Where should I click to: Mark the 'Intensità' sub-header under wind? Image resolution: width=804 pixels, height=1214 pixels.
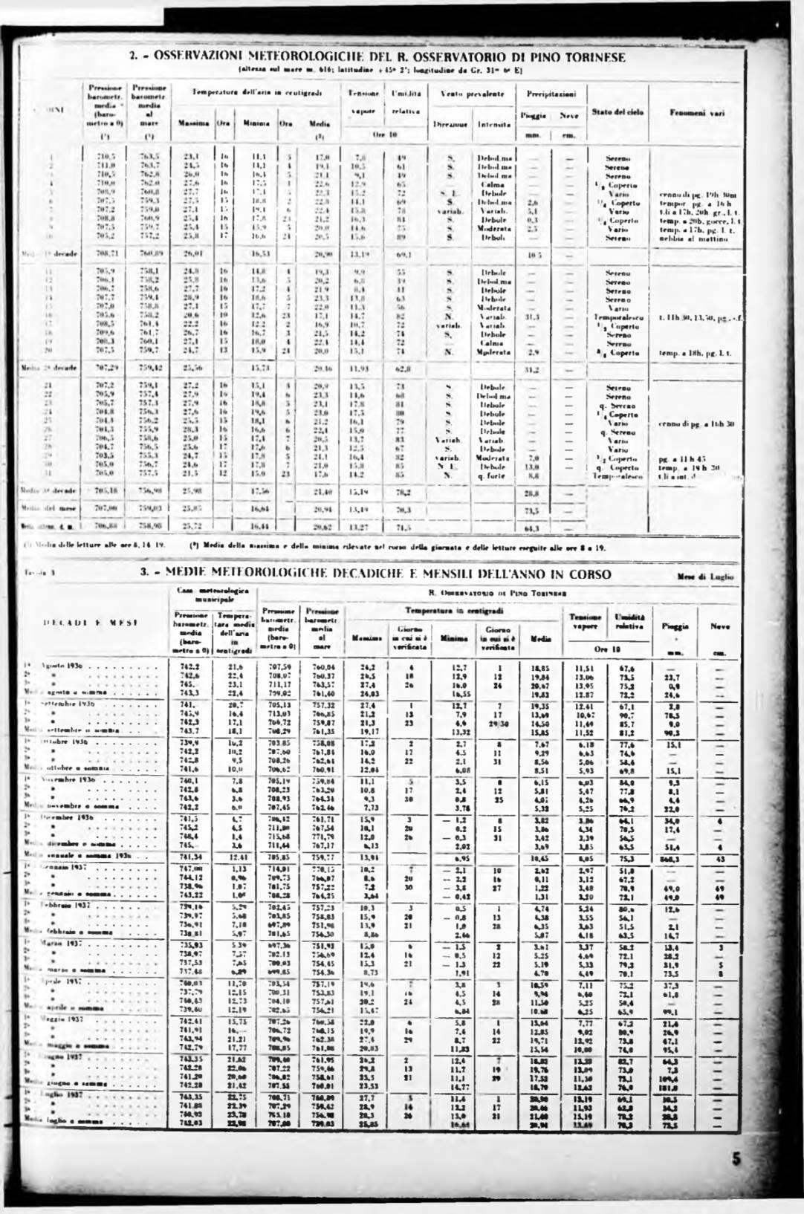(x=493, y=125)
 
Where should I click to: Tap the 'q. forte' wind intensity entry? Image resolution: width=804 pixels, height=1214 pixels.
(x=493, y=476)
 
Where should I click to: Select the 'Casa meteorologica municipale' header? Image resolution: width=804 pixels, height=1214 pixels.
(x=213, y=594)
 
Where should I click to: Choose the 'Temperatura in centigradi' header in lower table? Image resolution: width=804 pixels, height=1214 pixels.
(x=457, y=609)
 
